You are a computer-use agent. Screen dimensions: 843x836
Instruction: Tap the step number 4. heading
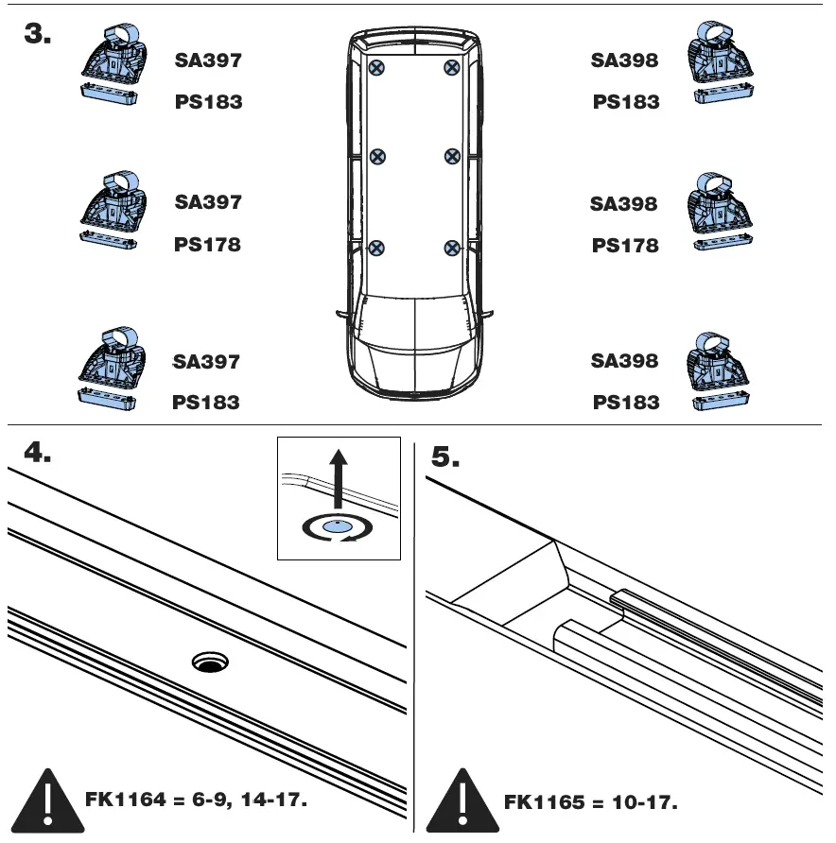pyautogui.click(x=37, y=454)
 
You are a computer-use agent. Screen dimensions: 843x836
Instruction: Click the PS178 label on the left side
pyautogui.click(x=207, y=245)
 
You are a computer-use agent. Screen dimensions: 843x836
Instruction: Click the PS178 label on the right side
pyautogui.click(x=624, y=246)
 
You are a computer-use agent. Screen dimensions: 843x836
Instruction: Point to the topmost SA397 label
pyautogui.click(x=208, y=60)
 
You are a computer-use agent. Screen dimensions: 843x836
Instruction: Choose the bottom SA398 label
pyautogui.click(x=624, y=361)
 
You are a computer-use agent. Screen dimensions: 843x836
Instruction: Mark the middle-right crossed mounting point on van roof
pyautogui.click(x=452, y=156)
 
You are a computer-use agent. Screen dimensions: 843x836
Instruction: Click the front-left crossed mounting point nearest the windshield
pyautogui.click(x=376, y=249)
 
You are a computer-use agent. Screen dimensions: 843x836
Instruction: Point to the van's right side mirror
pyautogui.click(x=489, y=313)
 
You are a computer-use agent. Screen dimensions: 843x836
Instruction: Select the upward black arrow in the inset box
pyautogui.click(x=338, y=482)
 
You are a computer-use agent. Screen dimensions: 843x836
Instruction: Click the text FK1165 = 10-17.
pyautogui.click(x=590, y=803)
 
